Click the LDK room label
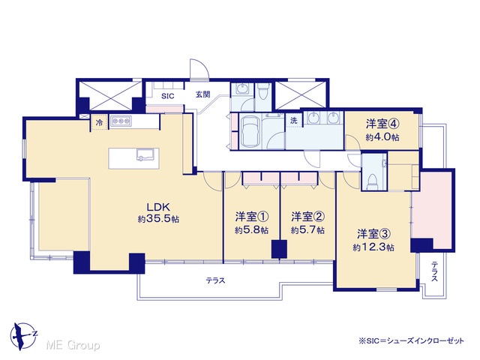158,207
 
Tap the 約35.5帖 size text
158,219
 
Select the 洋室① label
252,217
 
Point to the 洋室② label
307,217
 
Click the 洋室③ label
373,234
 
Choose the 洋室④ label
382,124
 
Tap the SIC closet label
168,96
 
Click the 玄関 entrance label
203,94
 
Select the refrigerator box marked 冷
99,122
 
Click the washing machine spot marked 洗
294,120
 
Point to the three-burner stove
121,121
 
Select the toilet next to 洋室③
373,181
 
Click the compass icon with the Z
23,335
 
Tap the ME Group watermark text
73,345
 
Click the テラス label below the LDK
215,280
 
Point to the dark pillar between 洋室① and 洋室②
280,249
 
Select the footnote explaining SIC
411,340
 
